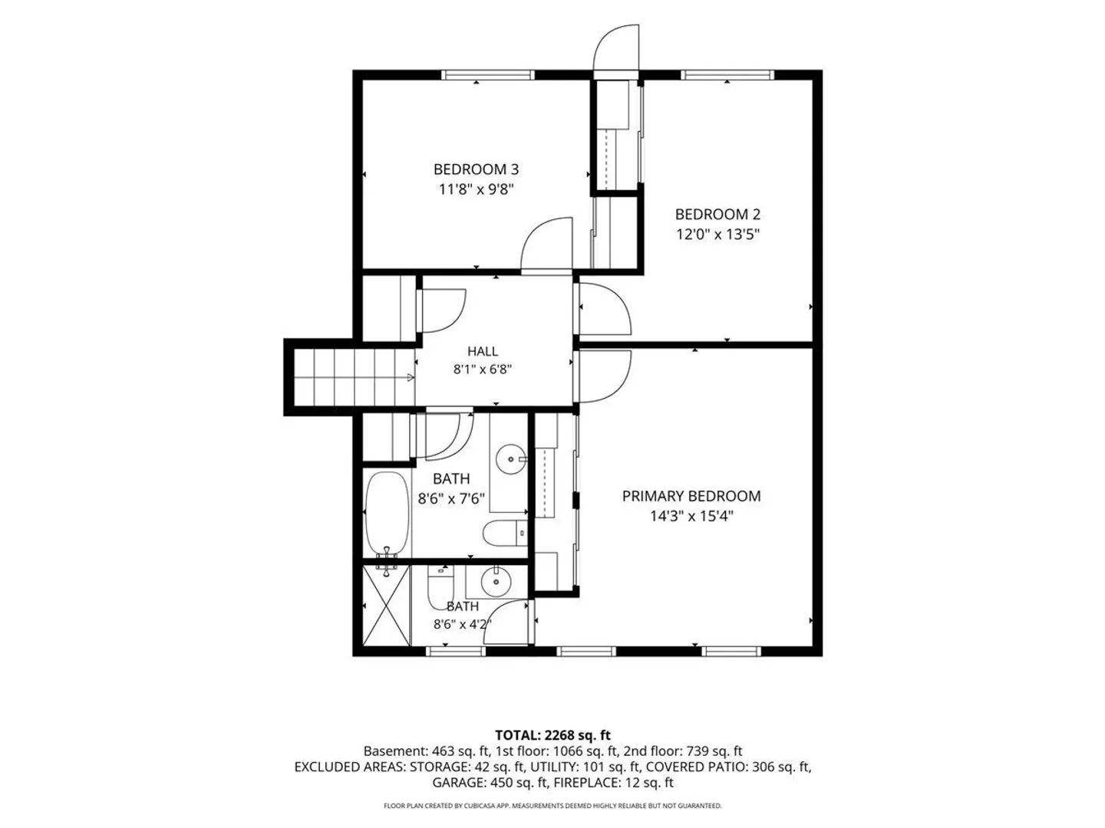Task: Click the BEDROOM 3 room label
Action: (x=476, y=169)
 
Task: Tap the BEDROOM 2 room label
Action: (x=717, y=214)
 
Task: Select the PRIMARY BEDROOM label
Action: (x=691, y=496)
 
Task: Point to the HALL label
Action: (x=482, y=351)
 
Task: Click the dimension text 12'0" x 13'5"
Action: (x=717, y=235)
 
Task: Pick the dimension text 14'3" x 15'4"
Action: (x=691, y=516)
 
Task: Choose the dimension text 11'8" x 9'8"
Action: (x=476, y=189)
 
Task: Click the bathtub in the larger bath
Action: (x=387, y=514)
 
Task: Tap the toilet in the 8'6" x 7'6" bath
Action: (x=505, y=533)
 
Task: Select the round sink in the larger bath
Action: (x=510, y=459)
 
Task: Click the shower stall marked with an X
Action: (x=386, y=606)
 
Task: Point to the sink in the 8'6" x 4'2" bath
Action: (x=496, y=582)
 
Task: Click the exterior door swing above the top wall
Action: (x=616, y=48)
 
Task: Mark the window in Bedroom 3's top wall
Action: (x=488, y=75)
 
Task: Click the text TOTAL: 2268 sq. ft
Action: (x=552, y=735)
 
